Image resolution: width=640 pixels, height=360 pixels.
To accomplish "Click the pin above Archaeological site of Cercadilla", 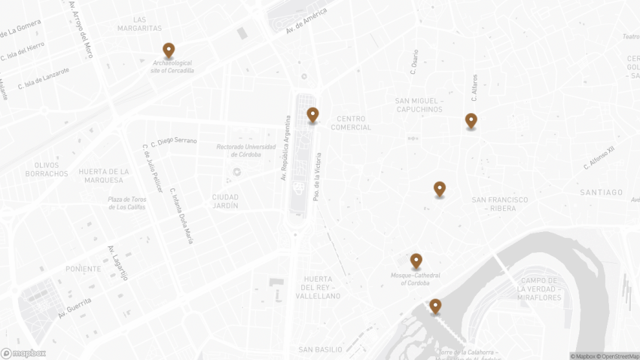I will tap(169, 50).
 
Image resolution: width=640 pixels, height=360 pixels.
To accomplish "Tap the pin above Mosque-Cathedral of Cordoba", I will tap(416, 261).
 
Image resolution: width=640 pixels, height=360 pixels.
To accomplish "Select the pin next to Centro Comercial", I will tap(312, 115).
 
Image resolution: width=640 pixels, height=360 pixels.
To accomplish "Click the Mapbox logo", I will tap(23, 353).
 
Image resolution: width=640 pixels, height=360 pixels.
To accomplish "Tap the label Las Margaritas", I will tap(139, 24).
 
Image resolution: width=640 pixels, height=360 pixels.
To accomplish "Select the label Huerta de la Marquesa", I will tap(104, 176).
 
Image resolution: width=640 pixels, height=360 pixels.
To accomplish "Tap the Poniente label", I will tap(83, 269).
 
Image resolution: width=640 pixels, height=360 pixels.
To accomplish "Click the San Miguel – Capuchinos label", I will tap(419, 105).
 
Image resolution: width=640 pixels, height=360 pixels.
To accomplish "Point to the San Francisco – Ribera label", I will tap(499, 204).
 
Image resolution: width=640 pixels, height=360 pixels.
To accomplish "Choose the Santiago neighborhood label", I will tap(602, 193).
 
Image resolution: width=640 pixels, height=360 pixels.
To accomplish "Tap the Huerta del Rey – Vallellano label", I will tap(321, 291).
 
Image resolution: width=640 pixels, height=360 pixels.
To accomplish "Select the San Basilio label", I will tap(320, 349).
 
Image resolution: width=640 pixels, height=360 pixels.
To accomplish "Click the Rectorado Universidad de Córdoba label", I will tap(246, 151).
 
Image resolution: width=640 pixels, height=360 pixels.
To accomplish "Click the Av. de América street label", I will tap(306, 21).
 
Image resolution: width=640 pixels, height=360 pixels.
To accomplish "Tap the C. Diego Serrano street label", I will tap(174, 141).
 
